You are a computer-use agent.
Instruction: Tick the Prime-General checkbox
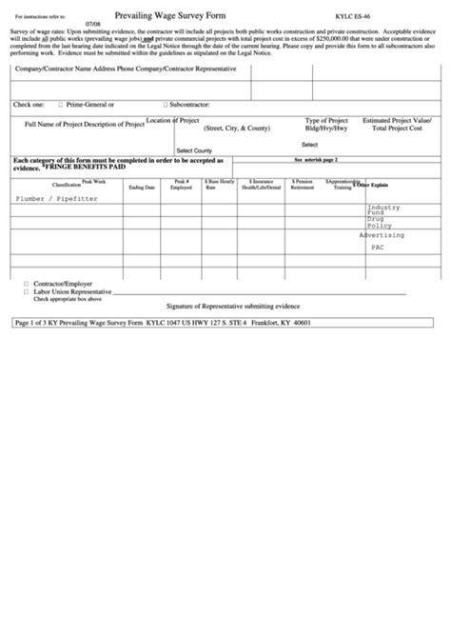click(x=61, y=104)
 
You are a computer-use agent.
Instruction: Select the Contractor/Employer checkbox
click(x=26, y=284)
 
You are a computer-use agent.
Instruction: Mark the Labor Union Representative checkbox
click(x=26, y=292)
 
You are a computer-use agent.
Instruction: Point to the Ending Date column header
click(x=142, y=188)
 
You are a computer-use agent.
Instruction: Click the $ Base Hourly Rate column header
click(x=220, y=185)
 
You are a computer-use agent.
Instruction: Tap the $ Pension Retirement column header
click(x=302, y=185)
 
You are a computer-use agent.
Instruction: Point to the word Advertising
click(x=382, y=234)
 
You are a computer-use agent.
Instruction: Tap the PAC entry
click(x=378, y=246)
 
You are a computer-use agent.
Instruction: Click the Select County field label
click(x=193, y=149)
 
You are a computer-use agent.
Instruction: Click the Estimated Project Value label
click(x=398, y=121)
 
